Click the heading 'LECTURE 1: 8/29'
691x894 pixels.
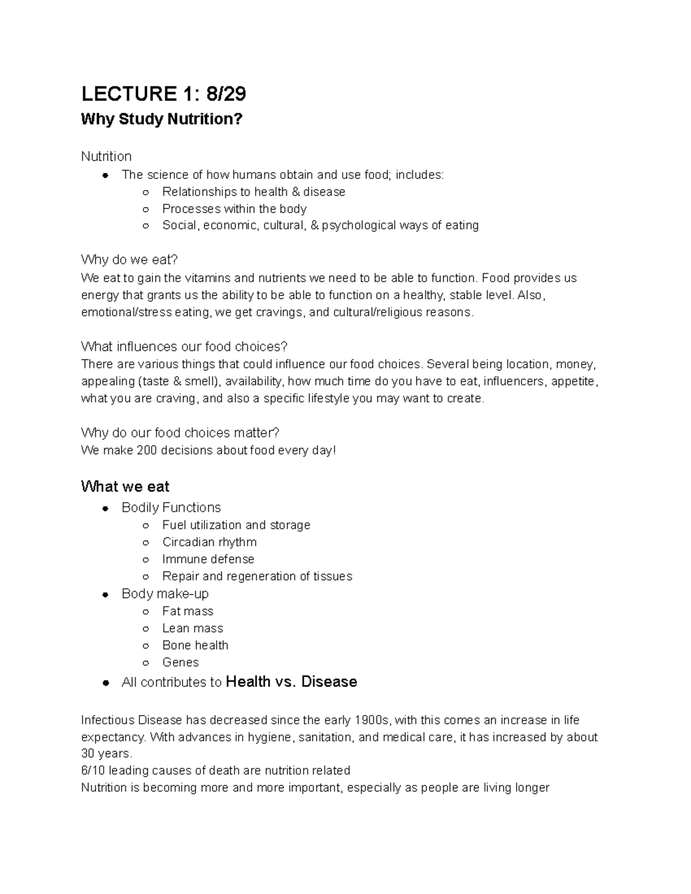pyautogui.click(x=164, y=93)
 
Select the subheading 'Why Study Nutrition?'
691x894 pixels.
pyautogui.click(x=162, y=119)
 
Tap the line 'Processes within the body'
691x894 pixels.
pyautogui.click(x=234, y=208)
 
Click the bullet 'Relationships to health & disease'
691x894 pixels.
pyautogui.click(x=253, y=192)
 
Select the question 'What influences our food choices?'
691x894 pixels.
pyautogui.click(x=184, y=347)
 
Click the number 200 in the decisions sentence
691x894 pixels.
pyautogui.click(x=146, y=450)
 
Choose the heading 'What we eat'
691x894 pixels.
pyautogui.click(x=125, y=486)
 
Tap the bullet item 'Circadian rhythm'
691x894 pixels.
pyautogui.click(x=209, y=542)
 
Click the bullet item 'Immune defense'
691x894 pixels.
pyautogui.click(x=208, y=559)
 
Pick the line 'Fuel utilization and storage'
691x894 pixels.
pyautogui.click(x=236, y=525)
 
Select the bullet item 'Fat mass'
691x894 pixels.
pyautogui.click(x=188, y=611)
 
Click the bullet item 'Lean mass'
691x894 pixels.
pyautogui.click(x=192, y=628)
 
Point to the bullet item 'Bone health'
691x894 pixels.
pyautogui.click(x=195, y=645)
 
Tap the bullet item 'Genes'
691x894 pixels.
pyautogui.click(x=180, y=662)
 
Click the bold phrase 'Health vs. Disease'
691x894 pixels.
pyautogui.click(x=291, y=682)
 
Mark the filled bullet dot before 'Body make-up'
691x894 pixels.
pyautogui.click(x=105, y=595)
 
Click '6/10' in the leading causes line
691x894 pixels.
pyautogui.click(x=93, y=770)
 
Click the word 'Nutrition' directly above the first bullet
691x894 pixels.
pyautogui.click(x=106, y=157)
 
